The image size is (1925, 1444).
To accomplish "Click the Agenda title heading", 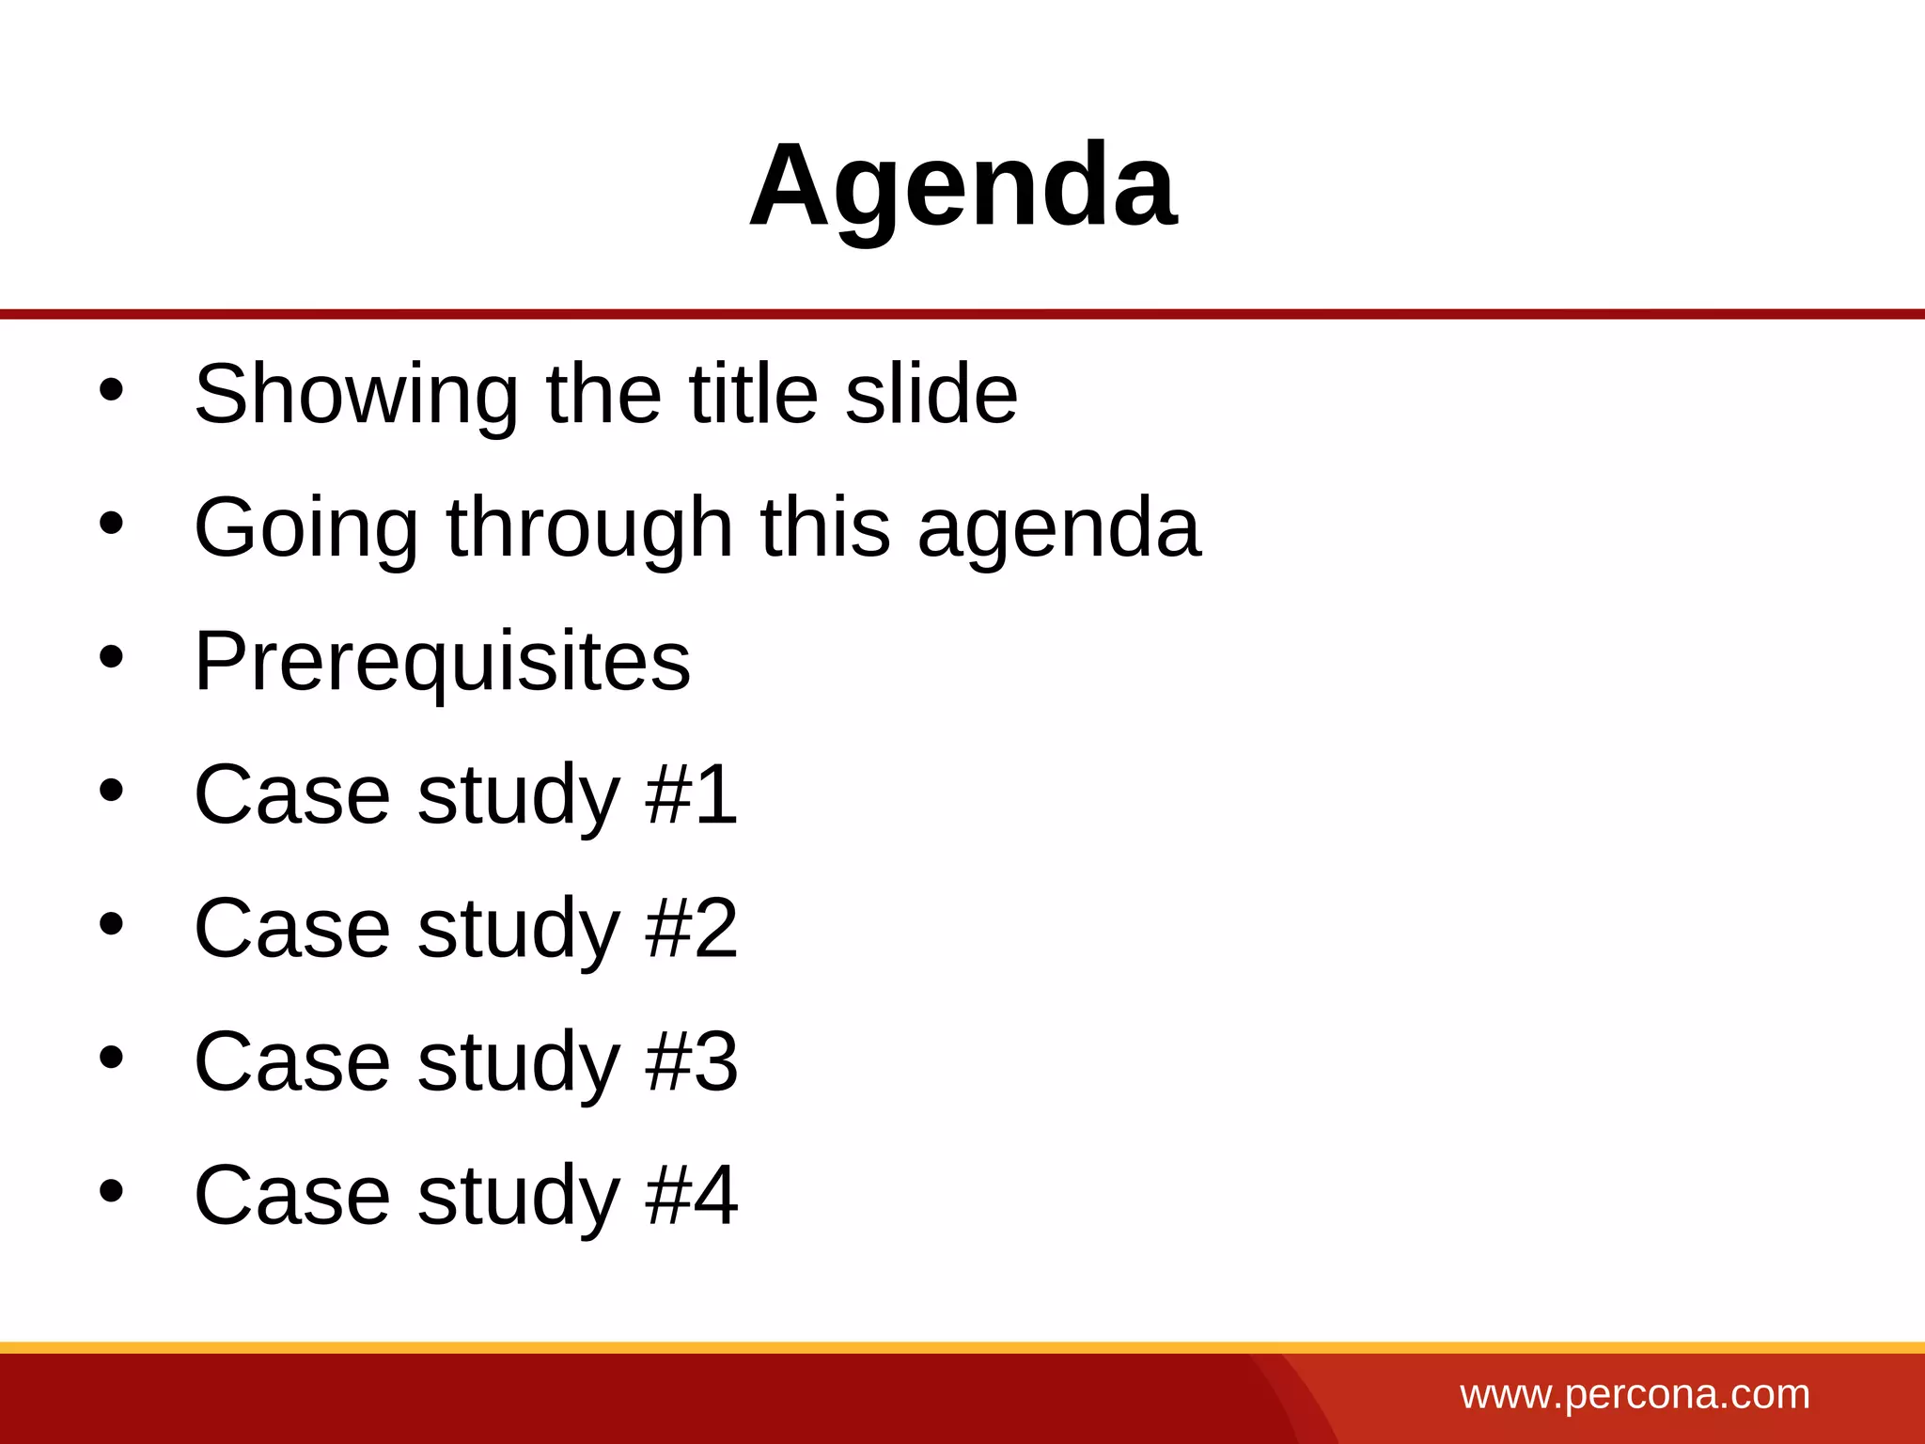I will click(962, 185).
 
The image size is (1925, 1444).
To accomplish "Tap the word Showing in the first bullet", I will click(355, 394).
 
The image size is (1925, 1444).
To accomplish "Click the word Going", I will click(305, 527).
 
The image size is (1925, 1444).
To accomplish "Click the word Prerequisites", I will click(442, 661).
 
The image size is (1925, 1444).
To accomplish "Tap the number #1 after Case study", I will click(692, 794).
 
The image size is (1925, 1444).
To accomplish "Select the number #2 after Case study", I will click(692, 928).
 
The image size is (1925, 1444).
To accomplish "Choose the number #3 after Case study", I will click(692, 1061).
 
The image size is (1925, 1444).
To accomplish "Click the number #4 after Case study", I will click(692, 1195).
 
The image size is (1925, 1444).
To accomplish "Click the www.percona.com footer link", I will click(1635, 1394).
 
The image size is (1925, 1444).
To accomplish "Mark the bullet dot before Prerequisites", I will click(111, 657).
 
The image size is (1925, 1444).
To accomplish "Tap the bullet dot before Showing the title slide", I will click(111, 390).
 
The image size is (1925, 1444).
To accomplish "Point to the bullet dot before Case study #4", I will click(111, 1191).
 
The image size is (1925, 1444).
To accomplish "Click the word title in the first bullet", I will click(752, 394).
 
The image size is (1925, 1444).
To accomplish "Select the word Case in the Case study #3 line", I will click(291, 1061).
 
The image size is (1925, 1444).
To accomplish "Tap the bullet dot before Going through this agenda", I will click(111, 524).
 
